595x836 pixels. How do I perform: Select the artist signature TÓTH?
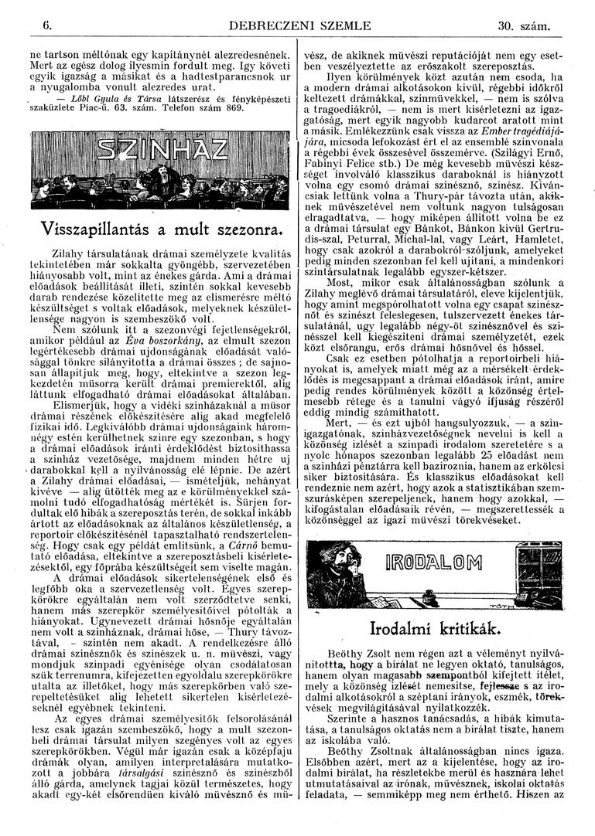point(545,605)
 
